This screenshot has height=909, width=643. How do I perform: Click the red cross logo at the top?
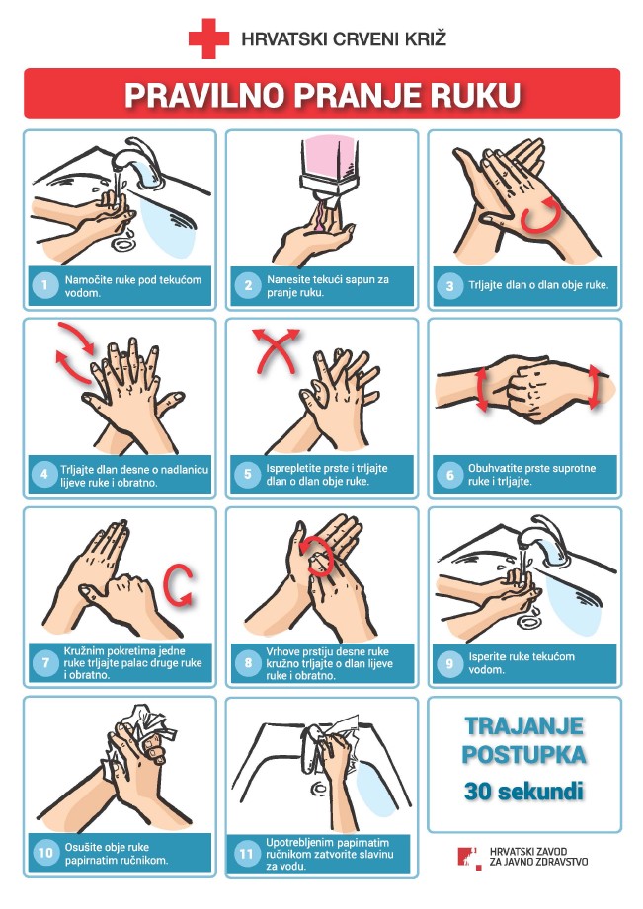pos(209,38)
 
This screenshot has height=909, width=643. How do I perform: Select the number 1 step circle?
pos(44,285)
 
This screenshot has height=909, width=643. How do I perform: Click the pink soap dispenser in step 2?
pos(330,158)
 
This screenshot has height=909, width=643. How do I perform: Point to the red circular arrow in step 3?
pos(540,215)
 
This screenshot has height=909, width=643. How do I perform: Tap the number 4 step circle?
pos(44,475)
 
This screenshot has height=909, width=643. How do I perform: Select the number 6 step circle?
pos(449,475)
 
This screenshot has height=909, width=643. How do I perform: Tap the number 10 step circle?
pos(45,852)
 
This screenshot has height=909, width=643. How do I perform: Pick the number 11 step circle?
pos(246,854)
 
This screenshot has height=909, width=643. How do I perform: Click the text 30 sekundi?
pos(523,791)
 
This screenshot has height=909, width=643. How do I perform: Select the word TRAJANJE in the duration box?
pos(524,725)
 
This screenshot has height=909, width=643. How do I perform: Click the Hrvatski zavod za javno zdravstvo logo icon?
pos(470,858)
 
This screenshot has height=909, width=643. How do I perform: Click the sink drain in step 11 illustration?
pos(319,789)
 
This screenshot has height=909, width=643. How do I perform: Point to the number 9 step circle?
pos(448,663)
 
